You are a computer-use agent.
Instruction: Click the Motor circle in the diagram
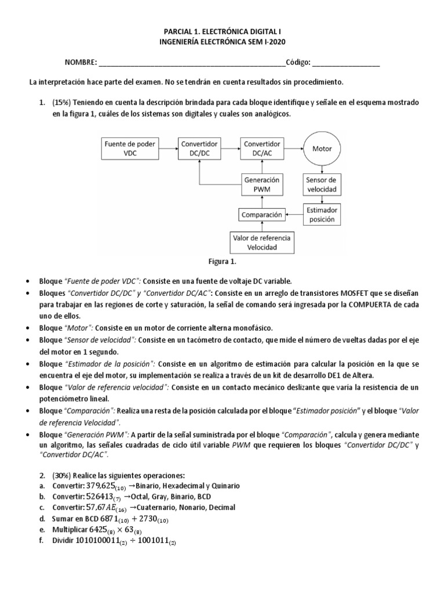(x=322, y=148)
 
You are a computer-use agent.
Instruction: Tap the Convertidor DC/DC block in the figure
(x=199, y=148)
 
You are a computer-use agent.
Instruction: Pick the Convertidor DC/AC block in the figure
(x=262, y=148)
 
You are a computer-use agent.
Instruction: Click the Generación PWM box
(x=262, y=184)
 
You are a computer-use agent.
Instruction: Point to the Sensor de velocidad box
(x=322, y=184)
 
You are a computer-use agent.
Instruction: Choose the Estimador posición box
(x=322, y=214)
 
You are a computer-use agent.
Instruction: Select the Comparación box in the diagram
(x=262, y=214)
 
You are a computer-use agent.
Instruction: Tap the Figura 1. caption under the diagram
(x=222, y=262)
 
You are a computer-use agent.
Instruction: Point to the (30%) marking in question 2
(x=62, y=475)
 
